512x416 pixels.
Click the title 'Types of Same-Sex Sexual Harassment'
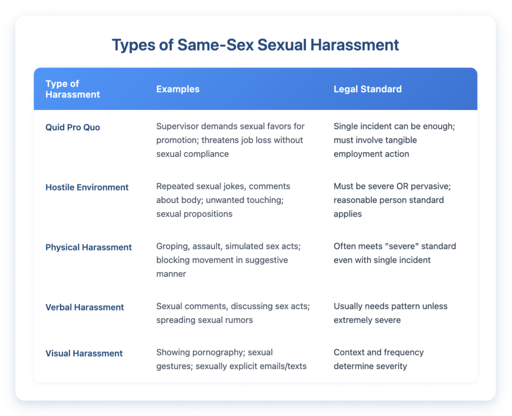(255, 44)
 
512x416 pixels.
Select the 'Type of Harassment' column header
(73, 89)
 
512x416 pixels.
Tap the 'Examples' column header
(178, 89)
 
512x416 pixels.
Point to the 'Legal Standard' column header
(367, 89)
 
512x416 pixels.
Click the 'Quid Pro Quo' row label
(73, 127)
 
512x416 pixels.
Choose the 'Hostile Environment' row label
(87, 187)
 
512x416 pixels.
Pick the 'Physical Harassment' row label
(88, 247)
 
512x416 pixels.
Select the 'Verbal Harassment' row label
(84, 307)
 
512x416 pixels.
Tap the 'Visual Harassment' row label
(84, 353)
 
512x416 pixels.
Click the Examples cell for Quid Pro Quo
(230, 140)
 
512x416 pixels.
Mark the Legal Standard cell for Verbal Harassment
(390, 312)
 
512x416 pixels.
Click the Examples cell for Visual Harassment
(231, 359)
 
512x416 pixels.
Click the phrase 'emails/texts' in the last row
(281, 366)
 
